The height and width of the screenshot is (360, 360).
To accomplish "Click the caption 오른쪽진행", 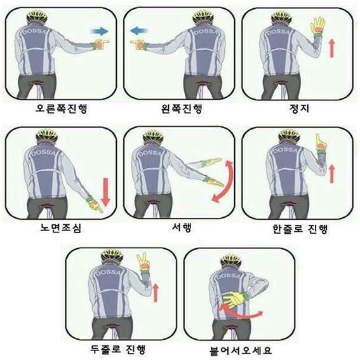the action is (x=62, y=109).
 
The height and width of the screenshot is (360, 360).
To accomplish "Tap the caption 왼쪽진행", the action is (x=182, y=109).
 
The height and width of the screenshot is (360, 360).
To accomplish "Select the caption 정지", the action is (x=299, y=109).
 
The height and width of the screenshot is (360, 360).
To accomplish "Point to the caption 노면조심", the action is (x=60, y=228).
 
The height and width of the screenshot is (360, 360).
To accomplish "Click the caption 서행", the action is (x=182, y=227).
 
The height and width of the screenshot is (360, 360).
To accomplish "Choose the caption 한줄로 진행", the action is (x=300, y=229).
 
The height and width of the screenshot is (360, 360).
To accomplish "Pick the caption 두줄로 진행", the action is (x=118, y=349).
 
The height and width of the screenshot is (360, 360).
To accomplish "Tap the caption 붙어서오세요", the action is (x=241, y=350).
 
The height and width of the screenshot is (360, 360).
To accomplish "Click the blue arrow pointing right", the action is (x=100, y=31).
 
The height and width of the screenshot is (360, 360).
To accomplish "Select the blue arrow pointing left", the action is (x=139, y=30).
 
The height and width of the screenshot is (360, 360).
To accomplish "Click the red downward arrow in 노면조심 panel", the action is (x=105, y=192).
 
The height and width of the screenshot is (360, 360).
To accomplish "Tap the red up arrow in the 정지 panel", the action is (x=331, y=48).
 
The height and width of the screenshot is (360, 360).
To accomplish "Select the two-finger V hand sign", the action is (x=143, y=262).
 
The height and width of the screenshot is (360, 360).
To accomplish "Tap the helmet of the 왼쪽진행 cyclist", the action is (x=203, y=17).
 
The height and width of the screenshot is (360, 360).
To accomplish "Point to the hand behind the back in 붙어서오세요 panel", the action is (x=234, y=298).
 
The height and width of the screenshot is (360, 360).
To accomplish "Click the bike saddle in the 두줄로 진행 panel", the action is (x=112, y=326).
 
